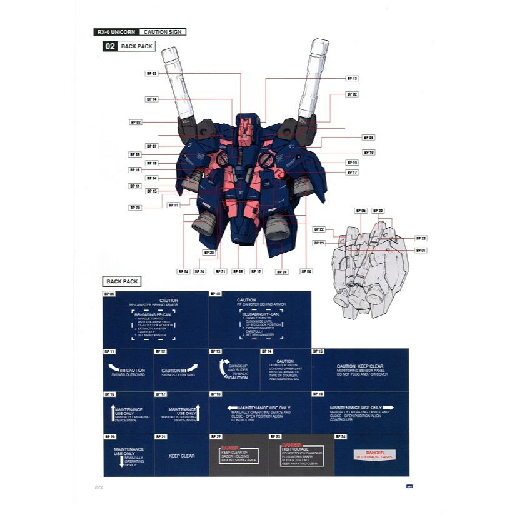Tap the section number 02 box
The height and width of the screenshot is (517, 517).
point(109,46)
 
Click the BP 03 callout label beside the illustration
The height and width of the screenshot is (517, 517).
point(152,73)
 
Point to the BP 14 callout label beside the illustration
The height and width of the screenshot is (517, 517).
point(152,99)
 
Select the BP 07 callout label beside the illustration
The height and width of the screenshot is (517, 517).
point(152,146)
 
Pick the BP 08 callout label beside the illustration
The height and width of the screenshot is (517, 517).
point(368,137)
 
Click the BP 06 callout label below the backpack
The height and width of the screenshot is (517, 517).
point(238,271)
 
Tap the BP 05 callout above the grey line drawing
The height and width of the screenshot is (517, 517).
point(361,211)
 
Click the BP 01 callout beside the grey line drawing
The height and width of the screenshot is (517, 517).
point(420,250)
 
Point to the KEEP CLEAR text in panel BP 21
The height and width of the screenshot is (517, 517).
point(181,456)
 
